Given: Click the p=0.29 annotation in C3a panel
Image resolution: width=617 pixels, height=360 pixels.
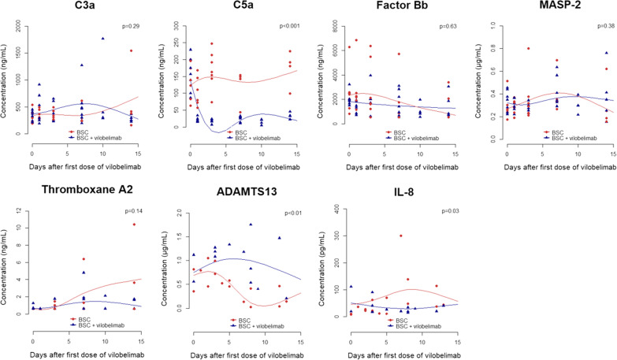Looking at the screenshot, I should (x=130, y=27).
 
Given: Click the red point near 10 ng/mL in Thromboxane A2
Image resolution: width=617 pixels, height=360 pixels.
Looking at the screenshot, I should (x=133, y=225).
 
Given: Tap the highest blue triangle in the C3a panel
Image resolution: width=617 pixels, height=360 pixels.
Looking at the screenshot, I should (x=102, y=39).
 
